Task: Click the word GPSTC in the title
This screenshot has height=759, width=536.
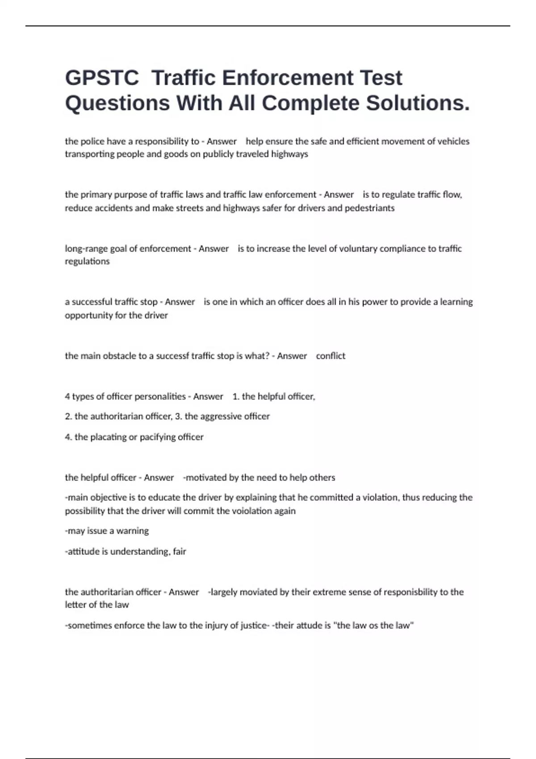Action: pyautogui.click(x=102, y=78)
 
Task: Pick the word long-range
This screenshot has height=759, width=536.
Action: pyautogui.click(x=86, y=249)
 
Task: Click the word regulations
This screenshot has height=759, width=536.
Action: pyautogui.click(x=87, y=262)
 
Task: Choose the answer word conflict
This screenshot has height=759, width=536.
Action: pyautogui.click(x=331, y=356)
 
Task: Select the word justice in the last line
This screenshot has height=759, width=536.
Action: pyautogui.click(x=252, y=626)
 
